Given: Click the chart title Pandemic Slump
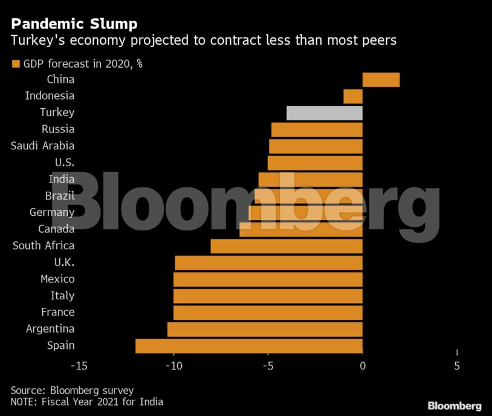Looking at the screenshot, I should click(73, 24).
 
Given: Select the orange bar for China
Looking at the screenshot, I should click(381, 79).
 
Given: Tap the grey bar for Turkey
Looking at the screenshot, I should click(324, 113).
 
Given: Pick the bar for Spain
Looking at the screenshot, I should click(248, 346).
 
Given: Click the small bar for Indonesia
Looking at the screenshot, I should click(352, 96).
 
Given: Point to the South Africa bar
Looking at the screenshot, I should click(286, 246).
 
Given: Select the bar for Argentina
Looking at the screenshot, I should click(265, 329).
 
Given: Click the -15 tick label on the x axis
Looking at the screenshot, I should click(79, 366).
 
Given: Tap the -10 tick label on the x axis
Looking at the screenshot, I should click(173, 366).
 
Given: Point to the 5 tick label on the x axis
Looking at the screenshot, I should click(457, 366).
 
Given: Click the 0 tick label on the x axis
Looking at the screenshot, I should click(363, 366).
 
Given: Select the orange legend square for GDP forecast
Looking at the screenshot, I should click(15, 63).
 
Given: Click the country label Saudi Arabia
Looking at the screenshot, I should click(42, 146).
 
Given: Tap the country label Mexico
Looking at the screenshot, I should click(57, 279).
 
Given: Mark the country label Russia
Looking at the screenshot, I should click(58, 129).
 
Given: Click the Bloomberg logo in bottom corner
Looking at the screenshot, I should click(454, 406).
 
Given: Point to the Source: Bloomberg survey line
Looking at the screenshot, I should click(72, 390).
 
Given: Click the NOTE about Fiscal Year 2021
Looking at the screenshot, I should click(86, 401).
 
